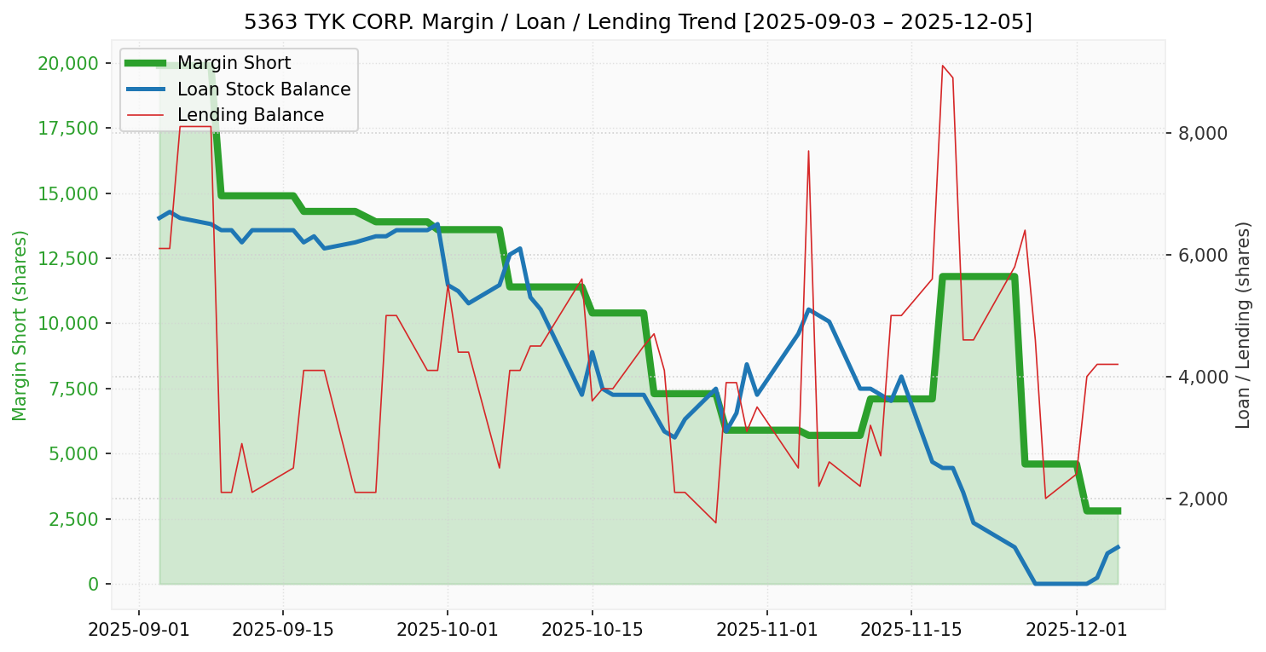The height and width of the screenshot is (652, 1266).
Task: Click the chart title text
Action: click(x=638, y=21)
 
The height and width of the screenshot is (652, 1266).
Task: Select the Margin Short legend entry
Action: click(x=234, y=63)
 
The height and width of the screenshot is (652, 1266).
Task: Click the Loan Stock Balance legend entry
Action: click(x=263, y=89)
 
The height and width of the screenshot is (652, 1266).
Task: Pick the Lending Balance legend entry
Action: click(x=250, y=115)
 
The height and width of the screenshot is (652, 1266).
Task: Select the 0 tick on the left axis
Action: click(x=94, y=584)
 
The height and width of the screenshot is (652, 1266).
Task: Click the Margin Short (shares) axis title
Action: click(x=20, y=325)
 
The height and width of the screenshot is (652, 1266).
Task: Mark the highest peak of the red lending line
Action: click(x=942, y=66)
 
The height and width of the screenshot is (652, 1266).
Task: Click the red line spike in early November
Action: click(x=808, y=151)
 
